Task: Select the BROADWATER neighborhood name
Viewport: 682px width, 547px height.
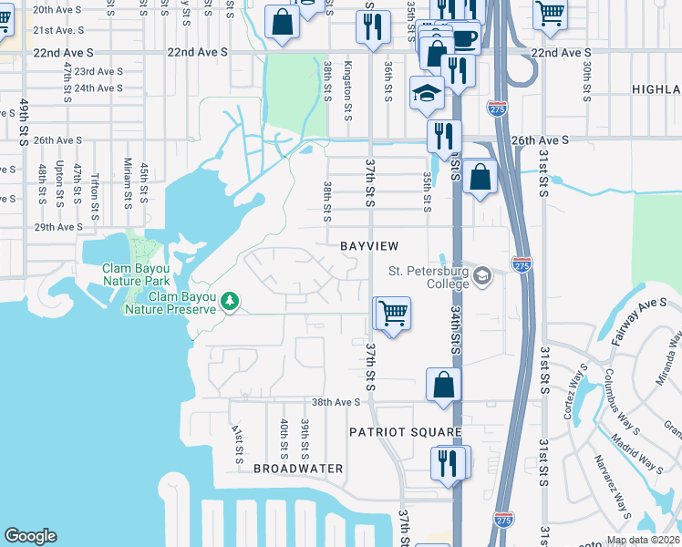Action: pyautogui.click(x=298, y=469)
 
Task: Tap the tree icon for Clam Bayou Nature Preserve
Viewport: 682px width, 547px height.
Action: pyautogui.click(x=232, y=301)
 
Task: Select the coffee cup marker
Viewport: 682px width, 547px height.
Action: pyautogui.click(x=464, y=38)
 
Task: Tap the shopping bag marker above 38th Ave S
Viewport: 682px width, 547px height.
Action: pyautogui.click(x=443, y=384)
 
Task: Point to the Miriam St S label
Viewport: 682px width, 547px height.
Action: pyautogui.click(x=129, y=185)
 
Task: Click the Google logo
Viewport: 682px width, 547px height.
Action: pyautogui.click(x=30, y=536)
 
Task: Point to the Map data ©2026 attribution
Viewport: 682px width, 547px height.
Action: pyautogui.click(x=644, y=541)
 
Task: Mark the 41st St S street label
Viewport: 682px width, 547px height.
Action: pyautogui.click(x=236, y=442)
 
